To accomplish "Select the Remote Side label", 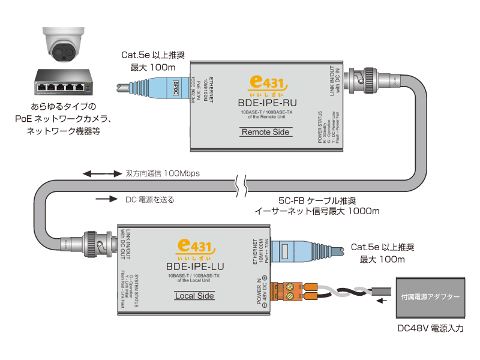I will [x=264, y=132].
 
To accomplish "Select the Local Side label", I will [x=194, y=296].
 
